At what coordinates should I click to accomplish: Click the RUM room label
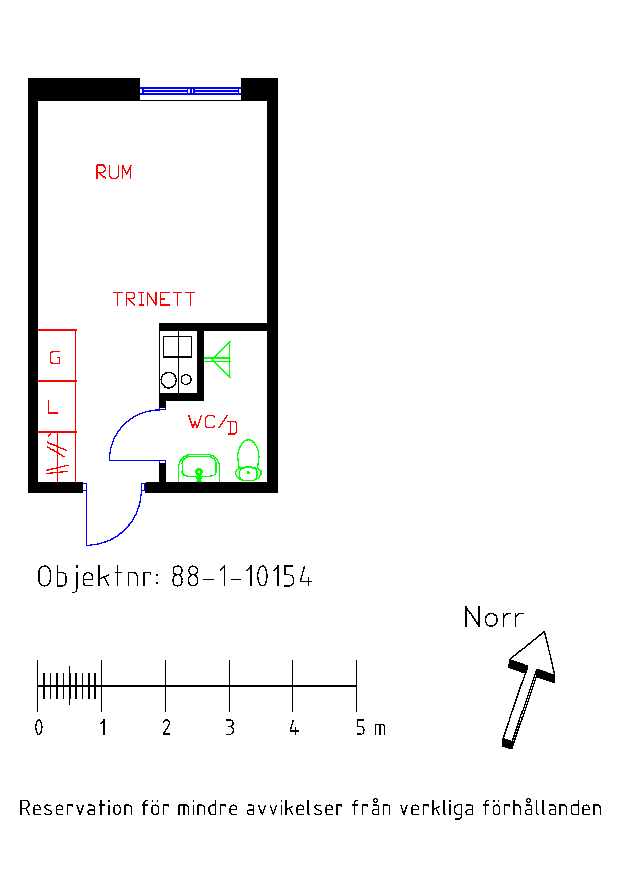(114, 172)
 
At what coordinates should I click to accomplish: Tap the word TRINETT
(153, 299)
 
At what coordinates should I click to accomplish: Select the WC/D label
(213, 424)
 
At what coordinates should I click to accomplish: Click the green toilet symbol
(248, 460)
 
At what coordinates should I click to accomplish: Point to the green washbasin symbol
(199, 468)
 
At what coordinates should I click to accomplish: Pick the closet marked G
(57, 356)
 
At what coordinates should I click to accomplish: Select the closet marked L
(57, 407)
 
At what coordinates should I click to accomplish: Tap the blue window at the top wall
(191, 91)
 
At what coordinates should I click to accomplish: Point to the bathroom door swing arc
(123, 423)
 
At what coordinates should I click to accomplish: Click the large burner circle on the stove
(169, 380)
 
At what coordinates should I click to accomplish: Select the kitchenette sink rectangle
(177, 347)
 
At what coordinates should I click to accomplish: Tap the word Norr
(493, 618)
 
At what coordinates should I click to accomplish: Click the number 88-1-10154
(242, 576)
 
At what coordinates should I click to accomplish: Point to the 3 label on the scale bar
(230, 728)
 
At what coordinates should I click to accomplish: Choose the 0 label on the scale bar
(39, 728)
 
